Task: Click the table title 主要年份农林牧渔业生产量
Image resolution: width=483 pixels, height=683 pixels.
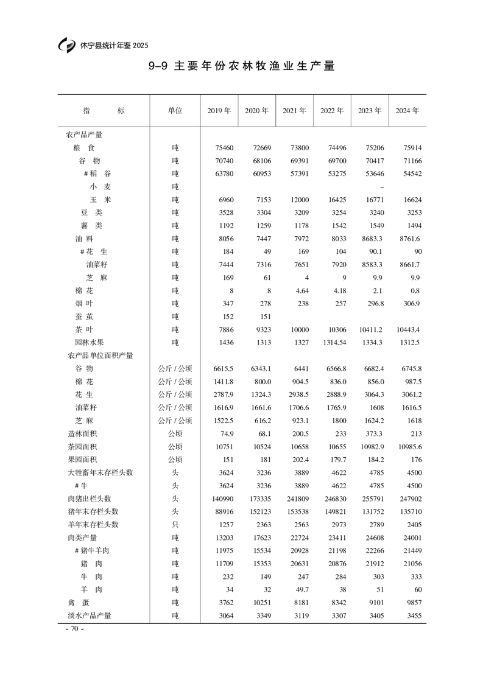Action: pyautogui.click(x=254, y=66)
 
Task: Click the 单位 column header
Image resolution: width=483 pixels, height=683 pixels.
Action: pyautogui.click(x=175, y=111)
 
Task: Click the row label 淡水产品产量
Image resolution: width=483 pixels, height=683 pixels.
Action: pyautogui.click(x=90, y=615)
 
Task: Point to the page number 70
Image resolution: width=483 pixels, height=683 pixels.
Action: pyautogui.click(x=74, y=629)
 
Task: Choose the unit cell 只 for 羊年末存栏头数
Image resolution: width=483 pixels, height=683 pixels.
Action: pyautogui.click(x=175, y=525)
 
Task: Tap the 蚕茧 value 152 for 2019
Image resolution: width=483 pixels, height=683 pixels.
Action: pyautogui.click(x=225, y=317)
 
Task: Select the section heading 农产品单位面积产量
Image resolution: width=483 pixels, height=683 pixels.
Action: pyautogui.click(x=100, y=356)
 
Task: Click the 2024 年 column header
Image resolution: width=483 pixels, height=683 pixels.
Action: pyautogui.click(x=407, y=111)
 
